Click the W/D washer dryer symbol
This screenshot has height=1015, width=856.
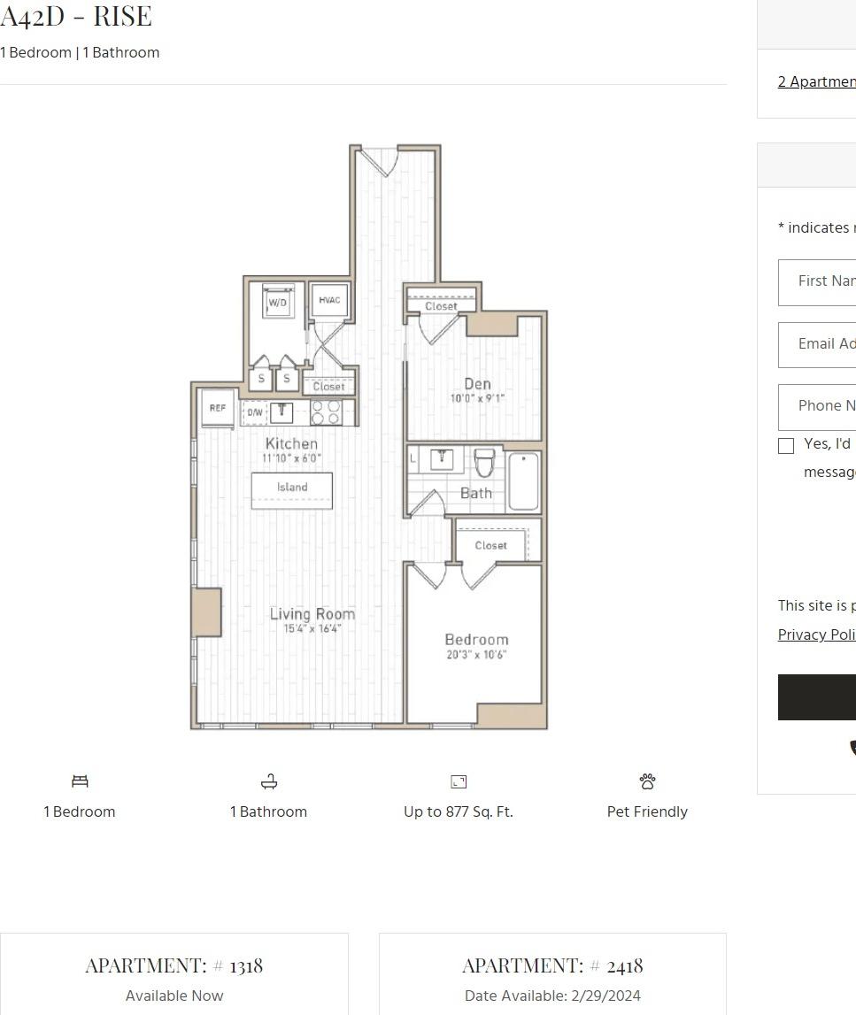[278, 302]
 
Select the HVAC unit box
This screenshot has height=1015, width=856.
[329, 301]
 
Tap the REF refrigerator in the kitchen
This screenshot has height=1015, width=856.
[217, 408]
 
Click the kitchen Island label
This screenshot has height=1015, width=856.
[292, 488]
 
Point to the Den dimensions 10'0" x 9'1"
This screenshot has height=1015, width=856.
[477, 399]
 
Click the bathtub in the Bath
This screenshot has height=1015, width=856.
[523, 481]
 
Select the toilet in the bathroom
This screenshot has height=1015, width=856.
[484, 463]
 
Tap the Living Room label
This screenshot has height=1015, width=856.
[312, 613]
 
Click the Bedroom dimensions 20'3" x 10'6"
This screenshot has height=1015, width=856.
[476, 656]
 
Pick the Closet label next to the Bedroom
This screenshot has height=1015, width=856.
[490, 545]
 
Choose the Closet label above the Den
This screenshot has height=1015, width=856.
[441, 306]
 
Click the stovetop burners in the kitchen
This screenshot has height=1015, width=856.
[325, 412]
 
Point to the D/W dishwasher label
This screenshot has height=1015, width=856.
[255, 412]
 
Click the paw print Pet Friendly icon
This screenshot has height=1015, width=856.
[647, 781]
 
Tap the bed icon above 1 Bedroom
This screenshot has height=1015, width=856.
[80, 781]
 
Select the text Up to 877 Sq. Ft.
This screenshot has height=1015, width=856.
[458, 811]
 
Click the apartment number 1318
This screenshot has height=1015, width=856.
[246, 965]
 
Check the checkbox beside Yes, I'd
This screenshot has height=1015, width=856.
[786, 446]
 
